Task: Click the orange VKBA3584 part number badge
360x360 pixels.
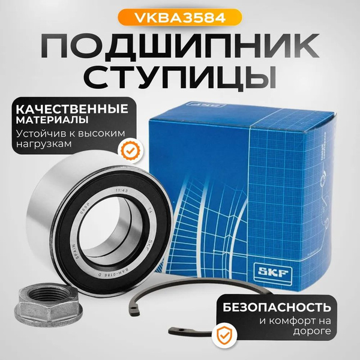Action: tap(179, 16)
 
